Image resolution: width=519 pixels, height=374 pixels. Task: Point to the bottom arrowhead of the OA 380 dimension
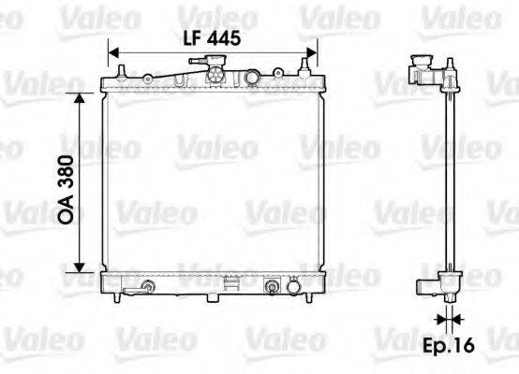point(82,264)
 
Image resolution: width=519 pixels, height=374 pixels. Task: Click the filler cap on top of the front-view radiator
point(215,73)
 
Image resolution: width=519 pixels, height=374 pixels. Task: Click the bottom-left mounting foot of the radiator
point(115,297)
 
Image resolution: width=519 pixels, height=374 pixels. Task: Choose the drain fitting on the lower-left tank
point(146,285)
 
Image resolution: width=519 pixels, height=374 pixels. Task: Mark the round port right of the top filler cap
point(254,78)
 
